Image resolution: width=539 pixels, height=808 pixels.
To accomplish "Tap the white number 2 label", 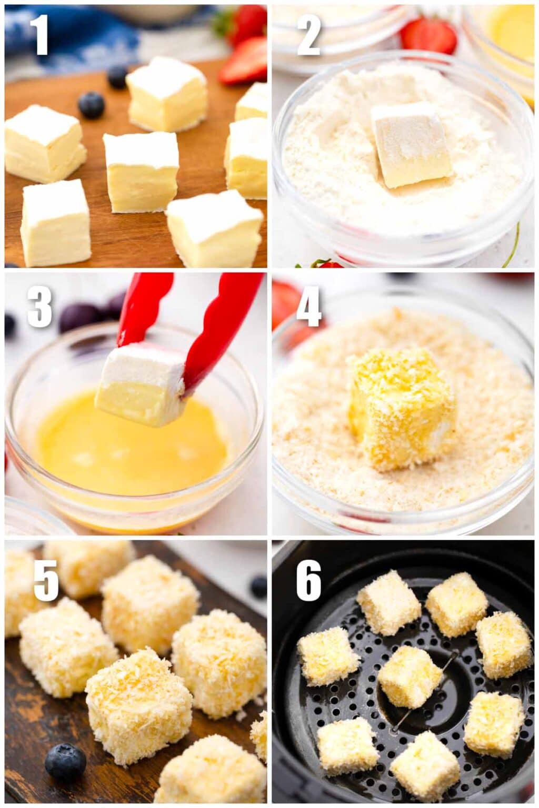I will click(309, 34).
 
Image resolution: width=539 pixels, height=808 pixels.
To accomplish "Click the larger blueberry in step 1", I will click(91, 105).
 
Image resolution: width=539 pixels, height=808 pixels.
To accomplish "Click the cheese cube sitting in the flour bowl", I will click(411, 144).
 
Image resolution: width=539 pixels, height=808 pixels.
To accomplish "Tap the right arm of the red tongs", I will click(221, 326).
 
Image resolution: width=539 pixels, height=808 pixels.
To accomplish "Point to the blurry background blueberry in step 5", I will click(258, 586).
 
